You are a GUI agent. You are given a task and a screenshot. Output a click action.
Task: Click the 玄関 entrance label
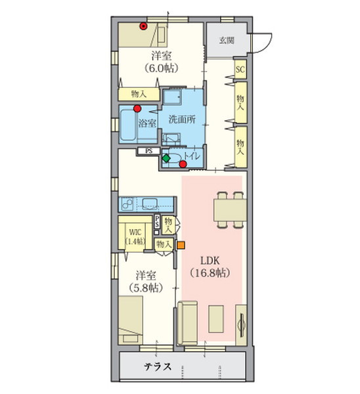click(x=227, y=40)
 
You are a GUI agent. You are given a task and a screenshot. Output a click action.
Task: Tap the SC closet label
click(x=240, y=69)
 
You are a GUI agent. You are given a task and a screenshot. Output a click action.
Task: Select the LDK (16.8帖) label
click(x=210, y=267)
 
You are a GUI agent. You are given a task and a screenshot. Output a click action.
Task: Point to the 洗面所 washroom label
click(x=182, y=120)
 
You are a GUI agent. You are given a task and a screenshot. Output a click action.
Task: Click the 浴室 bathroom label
click(x=147, y=123)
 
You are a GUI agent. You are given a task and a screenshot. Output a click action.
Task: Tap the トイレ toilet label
click(x=192, y=156)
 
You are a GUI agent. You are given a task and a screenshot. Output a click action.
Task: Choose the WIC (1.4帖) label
click(x=135, y=236)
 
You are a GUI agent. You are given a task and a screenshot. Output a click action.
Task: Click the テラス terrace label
click(x=158, y=366)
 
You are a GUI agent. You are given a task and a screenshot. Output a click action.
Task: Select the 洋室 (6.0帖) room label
click(x=162, y=62)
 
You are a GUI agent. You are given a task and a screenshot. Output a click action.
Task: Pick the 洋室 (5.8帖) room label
click(x=146, y=282)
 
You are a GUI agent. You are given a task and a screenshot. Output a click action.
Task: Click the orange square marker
click(x=181, y=245)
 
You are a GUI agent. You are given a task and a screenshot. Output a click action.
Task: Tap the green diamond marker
click(x=166, y=158)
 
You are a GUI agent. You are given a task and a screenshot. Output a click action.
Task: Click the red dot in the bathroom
click(x=137, y=108)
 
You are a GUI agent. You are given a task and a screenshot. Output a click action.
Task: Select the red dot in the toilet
click(x=183, y=164)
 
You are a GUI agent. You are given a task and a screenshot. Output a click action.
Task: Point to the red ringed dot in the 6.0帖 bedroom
click(x=143, y=26)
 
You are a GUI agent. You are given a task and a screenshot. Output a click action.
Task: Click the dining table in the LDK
click(x=230, y=210)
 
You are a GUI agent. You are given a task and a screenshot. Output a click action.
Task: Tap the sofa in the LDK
click(x=187, y=323)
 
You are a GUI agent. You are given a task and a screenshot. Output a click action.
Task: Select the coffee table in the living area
click(x=216, y=319)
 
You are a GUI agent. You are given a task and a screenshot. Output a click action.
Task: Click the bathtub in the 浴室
click(x=128, y=125)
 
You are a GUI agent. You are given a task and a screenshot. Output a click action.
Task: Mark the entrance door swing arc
click(x=267, y=45)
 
